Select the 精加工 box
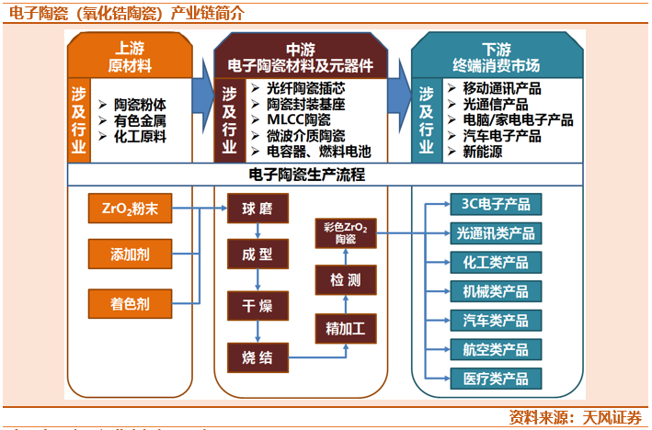click(346, 326)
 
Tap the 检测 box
click(346, 277)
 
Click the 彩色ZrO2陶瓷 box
click(346, 232)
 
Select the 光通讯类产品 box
click(496, 233)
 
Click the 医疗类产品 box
click(496, 378)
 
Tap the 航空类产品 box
click(496, 349)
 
